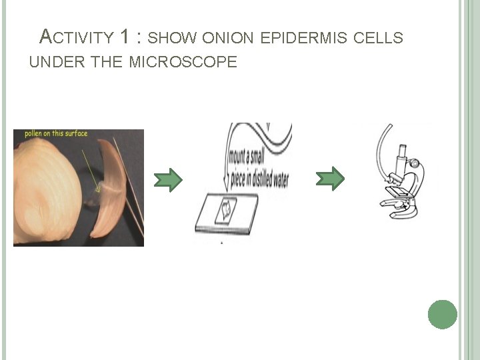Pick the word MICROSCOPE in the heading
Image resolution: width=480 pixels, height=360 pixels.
pos(183,63)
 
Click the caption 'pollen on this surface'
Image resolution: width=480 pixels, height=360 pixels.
pos(56,134)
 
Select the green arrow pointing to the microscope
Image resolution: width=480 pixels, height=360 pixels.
pos(330,178)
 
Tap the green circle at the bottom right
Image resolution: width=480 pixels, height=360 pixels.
pos(443,314)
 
